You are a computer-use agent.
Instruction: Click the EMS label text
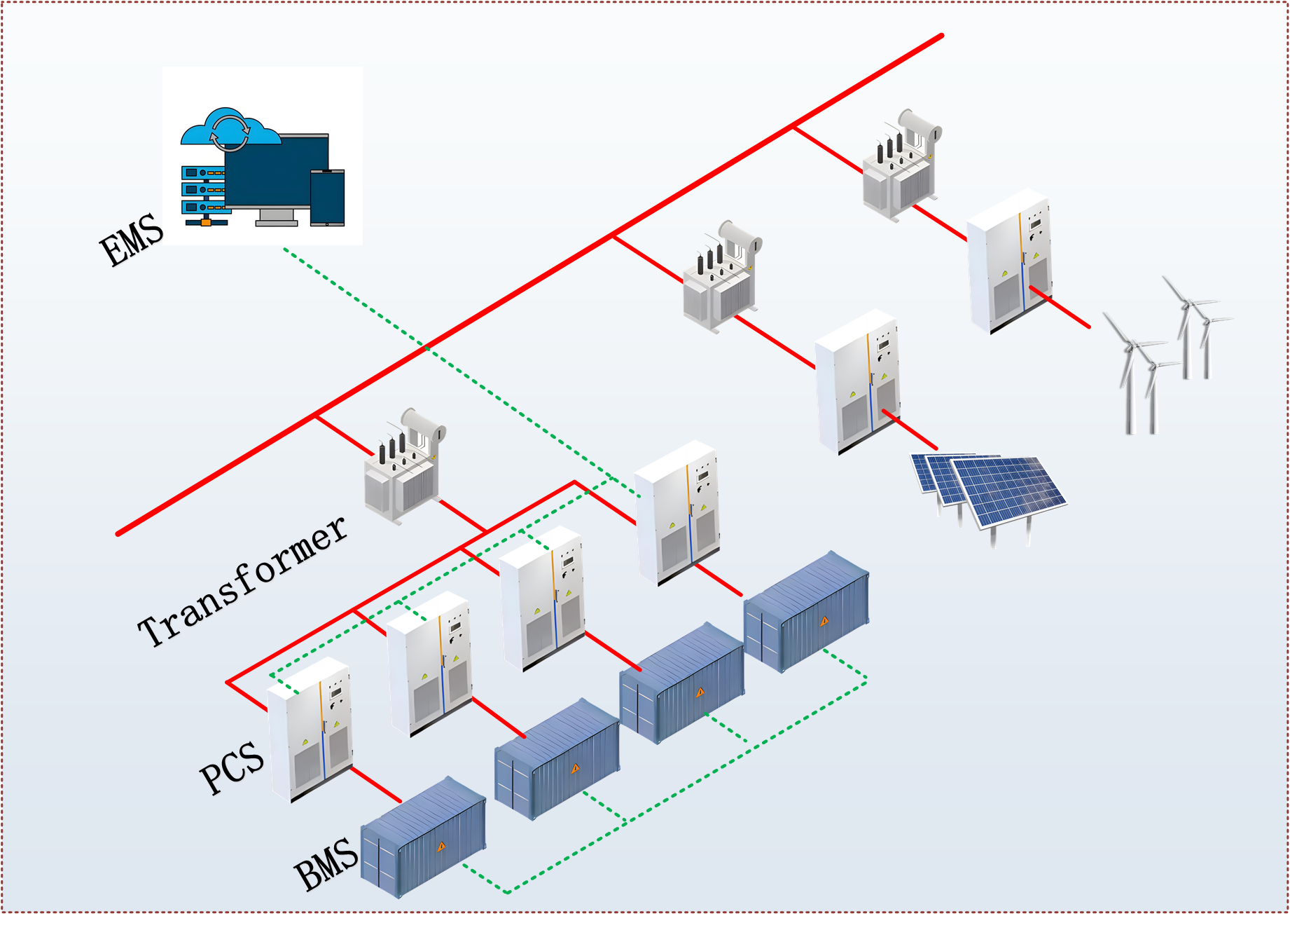[132, 240]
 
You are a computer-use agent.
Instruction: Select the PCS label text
[232, 768]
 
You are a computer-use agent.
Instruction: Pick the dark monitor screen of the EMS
[277, 172]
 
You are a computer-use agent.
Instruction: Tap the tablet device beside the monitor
[327, 198]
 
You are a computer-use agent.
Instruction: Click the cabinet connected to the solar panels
[858, 382]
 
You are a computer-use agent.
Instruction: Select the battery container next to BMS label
[423, 837]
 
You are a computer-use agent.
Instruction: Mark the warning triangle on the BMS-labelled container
[441, 847]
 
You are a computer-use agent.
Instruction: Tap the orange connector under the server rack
[206, 222]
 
